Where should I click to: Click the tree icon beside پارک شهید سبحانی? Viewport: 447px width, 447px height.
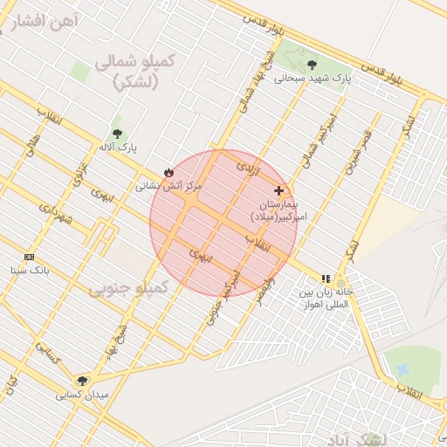tap(312, 63)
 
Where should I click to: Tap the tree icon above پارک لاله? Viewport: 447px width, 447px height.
tap(117, 134)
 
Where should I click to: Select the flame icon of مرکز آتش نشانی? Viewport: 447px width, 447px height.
tap(168, 173)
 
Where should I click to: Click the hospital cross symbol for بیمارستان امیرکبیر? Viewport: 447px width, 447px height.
tap(279, 190)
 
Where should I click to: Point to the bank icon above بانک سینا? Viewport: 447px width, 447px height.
tap(30, 257)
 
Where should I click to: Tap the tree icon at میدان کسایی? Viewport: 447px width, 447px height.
tap(83, 380)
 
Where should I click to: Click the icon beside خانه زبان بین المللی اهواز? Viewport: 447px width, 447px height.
tap(327, 279)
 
